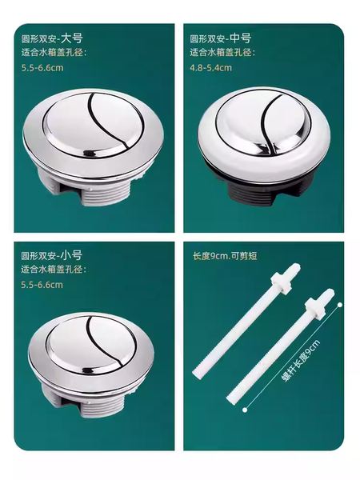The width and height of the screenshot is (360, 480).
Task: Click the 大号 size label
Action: (72, 38)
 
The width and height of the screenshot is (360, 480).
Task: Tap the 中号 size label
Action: (240, 38)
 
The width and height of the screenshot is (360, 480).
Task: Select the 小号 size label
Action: (71, 255)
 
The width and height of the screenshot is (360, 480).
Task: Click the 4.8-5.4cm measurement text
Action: (210, 68)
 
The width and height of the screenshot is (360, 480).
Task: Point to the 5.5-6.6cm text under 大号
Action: (42, 68)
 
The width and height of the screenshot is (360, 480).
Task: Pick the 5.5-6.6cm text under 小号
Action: (42, 285)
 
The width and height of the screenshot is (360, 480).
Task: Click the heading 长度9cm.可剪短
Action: (225, 256)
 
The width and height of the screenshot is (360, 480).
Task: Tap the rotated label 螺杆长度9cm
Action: (301, 361)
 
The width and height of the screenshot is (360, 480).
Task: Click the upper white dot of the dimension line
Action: (339, 305)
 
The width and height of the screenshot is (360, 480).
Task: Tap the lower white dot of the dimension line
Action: (245, 410)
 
